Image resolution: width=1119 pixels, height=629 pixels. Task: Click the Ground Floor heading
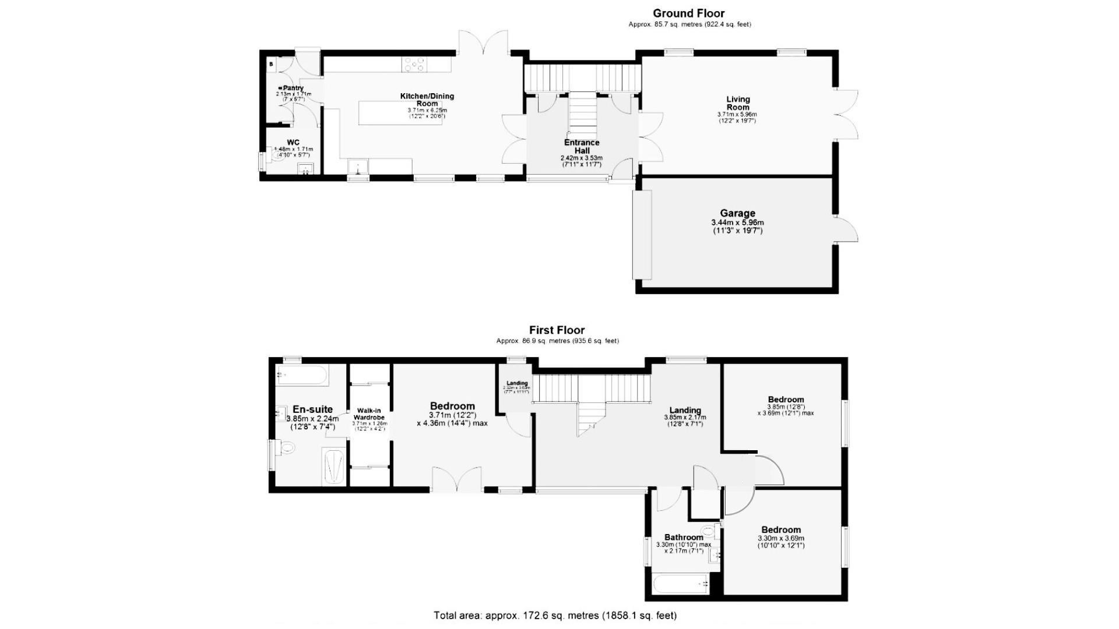tap(688, 13)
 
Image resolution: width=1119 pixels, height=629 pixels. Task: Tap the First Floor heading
tap(557, 330)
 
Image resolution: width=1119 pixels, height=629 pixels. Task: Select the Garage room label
tap(737, 214)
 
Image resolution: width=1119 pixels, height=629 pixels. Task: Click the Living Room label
tap(738, 103)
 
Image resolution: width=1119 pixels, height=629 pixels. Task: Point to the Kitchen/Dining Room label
tap(427, 100)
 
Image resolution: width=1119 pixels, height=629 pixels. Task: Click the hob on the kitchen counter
tap(413, 64)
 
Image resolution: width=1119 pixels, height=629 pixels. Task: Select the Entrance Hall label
tap(582, 146)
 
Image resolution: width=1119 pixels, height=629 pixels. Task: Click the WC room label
tap(293, 143)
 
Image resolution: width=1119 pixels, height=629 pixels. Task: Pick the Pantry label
tap(293, 88)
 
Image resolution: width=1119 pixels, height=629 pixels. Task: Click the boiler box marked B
tap(272, 64)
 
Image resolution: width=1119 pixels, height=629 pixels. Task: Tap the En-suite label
tap(312, 409)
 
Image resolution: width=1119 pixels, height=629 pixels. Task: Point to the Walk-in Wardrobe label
tap(369, 414)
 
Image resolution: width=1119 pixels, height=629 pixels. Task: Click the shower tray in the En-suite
tap(335, 467)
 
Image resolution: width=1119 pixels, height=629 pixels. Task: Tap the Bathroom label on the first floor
tap(684, 538)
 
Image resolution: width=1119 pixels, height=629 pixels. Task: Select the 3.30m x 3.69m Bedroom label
tap(781, 530)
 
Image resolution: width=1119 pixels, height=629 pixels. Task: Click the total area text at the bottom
tap(555, 615)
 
